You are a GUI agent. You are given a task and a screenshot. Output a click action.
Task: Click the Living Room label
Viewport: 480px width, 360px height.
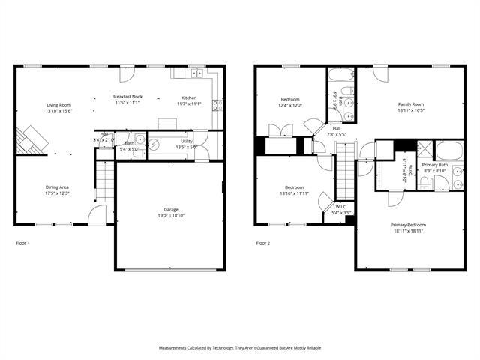pos(58,105)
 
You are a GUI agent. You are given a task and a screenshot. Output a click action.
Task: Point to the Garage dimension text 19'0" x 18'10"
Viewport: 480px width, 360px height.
pos(171,216)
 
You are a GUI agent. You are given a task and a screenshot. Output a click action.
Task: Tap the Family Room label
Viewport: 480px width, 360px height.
pos(410,104)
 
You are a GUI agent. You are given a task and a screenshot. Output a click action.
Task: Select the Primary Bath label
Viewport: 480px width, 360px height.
pos(434,165)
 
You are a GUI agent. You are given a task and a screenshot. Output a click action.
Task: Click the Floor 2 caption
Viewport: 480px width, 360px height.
pos(262,243)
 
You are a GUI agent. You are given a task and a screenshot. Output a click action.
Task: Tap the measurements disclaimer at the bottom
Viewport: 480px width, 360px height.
pos(239,348)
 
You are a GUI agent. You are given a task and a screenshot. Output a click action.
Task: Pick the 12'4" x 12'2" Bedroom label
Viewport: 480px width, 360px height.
pos(291,100)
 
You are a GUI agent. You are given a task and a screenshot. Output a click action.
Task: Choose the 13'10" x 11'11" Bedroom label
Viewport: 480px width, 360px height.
pos(294,187)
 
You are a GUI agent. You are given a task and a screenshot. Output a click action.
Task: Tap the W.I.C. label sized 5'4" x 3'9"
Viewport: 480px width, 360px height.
pos(340,207)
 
